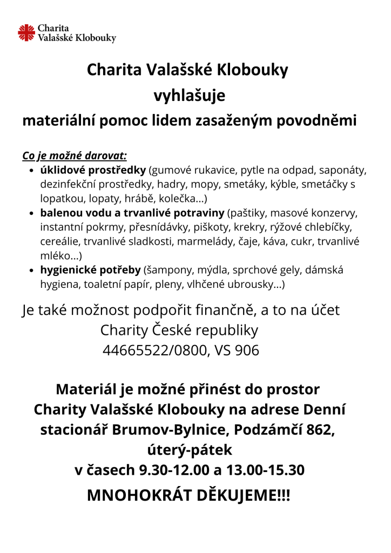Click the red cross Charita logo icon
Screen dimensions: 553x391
[26, 32]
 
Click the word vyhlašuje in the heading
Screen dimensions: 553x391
[189, 96]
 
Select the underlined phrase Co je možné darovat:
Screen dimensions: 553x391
[74, 156]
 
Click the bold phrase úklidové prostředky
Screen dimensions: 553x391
[93, 170]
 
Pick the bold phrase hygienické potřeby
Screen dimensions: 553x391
[90, 269]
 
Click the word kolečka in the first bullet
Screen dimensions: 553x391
[173, 198]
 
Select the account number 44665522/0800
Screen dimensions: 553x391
[154, 350]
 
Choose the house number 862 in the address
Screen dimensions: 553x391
[321, 430]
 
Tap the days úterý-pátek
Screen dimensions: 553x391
[189, 450]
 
